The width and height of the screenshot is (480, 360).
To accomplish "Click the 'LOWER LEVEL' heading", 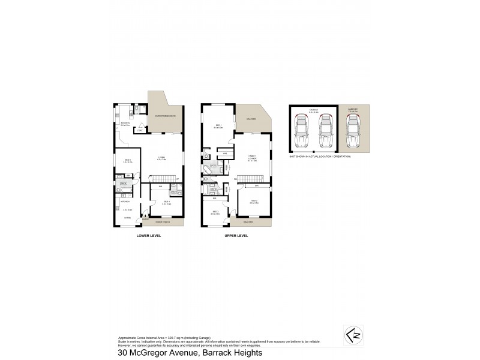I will click(149, 236).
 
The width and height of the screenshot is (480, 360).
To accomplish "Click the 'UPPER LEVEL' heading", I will click(236, 236).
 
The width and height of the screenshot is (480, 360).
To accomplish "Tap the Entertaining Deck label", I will click(165, 116).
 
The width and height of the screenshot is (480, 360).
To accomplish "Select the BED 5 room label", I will click(127, 161).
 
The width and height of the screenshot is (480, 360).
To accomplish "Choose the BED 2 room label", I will click(254, 201).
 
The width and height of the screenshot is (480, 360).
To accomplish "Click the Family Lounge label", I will click(253, 158).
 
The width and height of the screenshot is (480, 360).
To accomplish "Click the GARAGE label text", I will click(313, 110).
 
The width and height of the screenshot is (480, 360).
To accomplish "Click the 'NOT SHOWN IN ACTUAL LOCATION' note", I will click(320, 155).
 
